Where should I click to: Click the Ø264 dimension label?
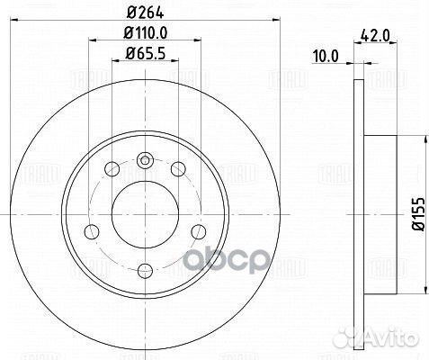point(145,13)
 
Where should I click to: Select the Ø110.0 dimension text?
point(145,32)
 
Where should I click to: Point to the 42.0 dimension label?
point(375,36)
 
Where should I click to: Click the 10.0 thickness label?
point(326,57)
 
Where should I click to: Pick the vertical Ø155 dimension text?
point(418,214)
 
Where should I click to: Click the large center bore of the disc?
point(145,214)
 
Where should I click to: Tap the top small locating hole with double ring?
point(145,160)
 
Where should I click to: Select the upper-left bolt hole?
point(112,168)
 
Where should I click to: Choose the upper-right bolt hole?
point(178,168)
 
